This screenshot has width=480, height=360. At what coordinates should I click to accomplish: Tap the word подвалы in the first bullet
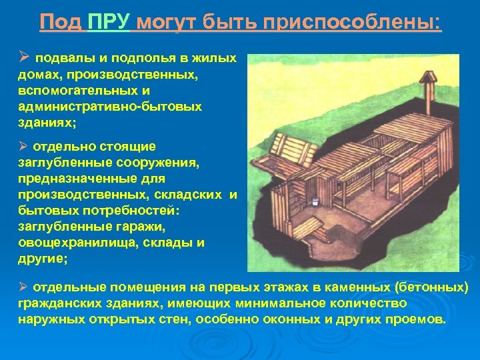point(60,58)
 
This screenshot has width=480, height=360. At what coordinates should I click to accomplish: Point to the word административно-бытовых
point(91,107)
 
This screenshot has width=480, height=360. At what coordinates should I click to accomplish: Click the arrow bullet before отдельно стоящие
point(22,146)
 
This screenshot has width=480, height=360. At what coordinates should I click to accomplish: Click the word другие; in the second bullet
point(43,259)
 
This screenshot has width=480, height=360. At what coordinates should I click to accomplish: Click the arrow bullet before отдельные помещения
point(22,287)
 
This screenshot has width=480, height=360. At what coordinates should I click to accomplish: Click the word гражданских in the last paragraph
point(61,303)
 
